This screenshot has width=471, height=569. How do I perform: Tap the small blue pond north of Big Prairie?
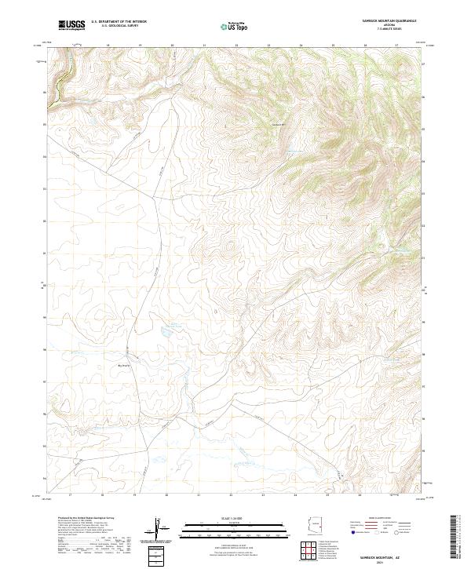pos(167,332)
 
